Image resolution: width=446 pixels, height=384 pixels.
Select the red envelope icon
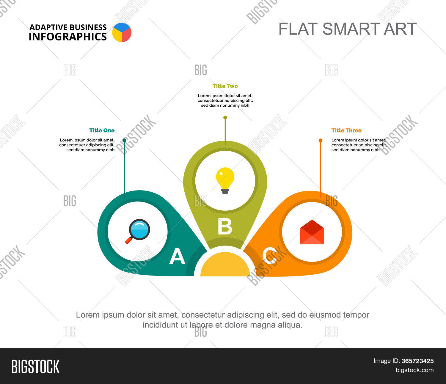coord(312,232)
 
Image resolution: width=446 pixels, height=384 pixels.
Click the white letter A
coord(177,256)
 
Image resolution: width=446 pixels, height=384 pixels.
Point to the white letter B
coord(225,227)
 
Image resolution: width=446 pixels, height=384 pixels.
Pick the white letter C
coord(270,256)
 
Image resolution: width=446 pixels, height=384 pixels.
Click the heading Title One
coord(102,130)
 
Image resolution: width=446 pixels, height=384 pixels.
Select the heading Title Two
coord(225,86)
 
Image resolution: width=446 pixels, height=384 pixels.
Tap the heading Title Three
coord(346,130)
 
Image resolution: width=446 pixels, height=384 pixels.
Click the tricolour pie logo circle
coord(122,32)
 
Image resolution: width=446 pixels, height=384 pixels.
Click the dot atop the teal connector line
coord(124,140)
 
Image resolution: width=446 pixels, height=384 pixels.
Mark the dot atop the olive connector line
coord(225,118)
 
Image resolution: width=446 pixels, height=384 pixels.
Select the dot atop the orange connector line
coord(321,140)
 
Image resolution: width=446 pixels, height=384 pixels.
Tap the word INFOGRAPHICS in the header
coord(68,37)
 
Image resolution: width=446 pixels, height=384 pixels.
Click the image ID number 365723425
coord(417,361)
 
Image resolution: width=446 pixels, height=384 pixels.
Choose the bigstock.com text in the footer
coord(414,370)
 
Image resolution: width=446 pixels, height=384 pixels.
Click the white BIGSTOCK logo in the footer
coord(35,366)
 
